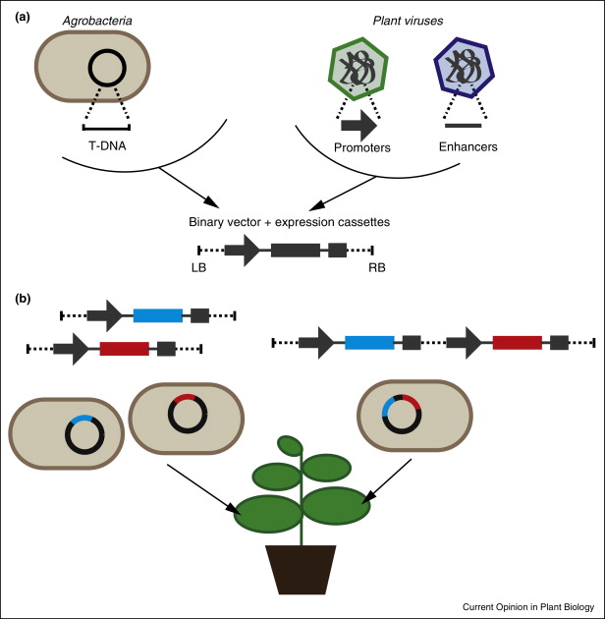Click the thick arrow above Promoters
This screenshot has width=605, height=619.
[x=358, y=125]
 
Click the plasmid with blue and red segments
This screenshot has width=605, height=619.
[x=404, y=415]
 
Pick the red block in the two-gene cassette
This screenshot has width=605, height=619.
[x=517, y=343]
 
